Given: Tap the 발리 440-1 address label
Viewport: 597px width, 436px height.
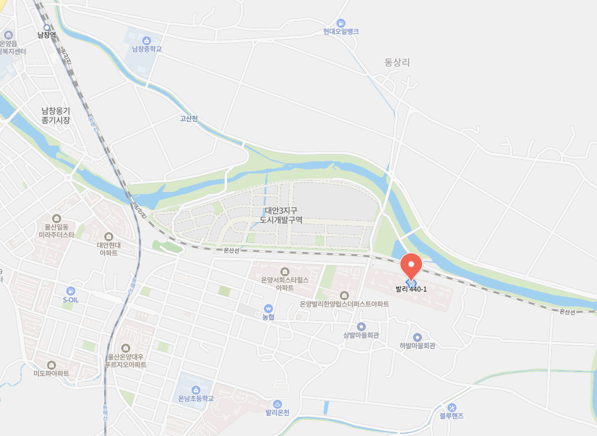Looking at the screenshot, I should click(411, 289).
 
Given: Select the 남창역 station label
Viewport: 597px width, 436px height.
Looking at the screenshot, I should click(46, 35).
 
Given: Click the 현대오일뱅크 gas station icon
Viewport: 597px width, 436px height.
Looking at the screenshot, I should click(341, 23).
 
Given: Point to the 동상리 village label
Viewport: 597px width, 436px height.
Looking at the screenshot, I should click(396, 62).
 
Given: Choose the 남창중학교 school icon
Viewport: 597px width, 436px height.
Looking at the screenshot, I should click(147, 40).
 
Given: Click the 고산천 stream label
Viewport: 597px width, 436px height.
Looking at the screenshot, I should click(189, 118).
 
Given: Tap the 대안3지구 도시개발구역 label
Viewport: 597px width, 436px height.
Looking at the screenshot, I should click(281, 215).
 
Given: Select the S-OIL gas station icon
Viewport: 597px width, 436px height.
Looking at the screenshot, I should click(71, 290).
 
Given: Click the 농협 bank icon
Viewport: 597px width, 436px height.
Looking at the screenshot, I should click(268, 308).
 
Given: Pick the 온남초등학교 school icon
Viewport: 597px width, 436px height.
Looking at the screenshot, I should click(196, 390).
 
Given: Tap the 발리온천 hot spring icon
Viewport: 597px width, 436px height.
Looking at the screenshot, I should click(278, 404).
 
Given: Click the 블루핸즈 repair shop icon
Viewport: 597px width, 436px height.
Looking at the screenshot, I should click(451, 407).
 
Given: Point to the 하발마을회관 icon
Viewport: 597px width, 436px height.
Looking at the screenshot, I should click(417, 337).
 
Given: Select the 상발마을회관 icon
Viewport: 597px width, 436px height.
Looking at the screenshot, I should click(361, 327).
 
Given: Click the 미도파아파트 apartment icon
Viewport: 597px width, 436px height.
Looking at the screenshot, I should click(52, 365).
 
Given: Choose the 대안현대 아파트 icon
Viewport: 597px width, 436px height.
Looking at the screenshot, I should click(109, 236).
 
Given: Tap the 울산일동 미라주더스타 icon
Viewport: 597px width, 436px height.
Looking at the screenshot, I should click(56, 218).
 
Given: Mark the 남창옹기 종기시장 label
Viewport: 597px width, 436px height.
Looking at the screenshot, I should click(56, 116).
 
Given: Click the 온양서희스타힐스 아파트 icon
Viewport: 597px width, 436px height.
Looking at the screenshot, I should click(284, 271).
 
